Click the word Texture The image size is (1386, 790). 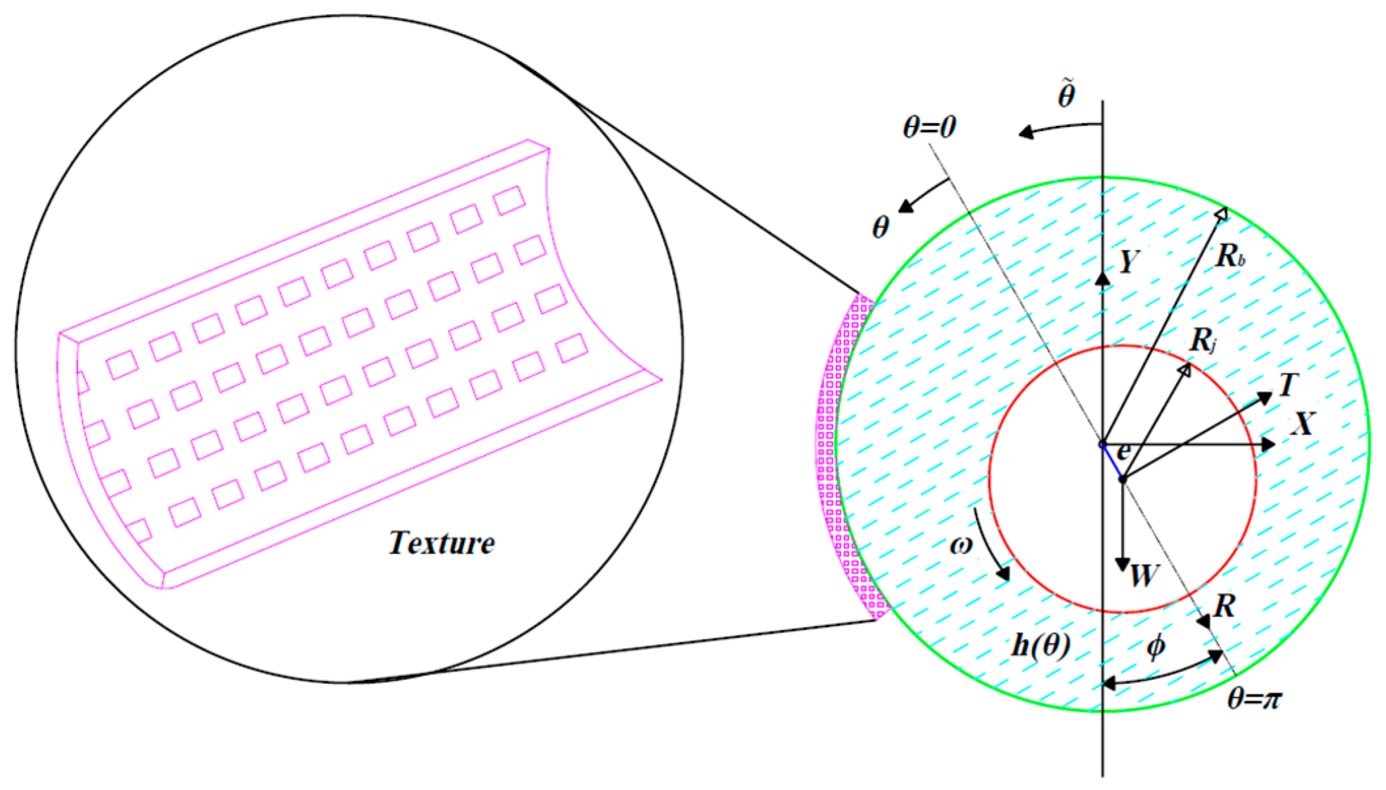(x=442, y=543)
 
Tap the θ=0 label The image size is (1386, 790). (x=929, y=127)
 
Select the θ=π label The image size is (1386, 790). (x=1254, y=699)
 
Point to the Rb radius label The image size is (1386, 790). (x=1230, y=256)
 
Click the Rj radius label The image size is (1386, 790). (x=1203, y=340)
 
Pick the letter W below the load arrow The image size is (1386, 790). (x=1145, y=576)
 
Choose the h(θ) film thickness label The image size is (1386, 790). (x=1041, y=646)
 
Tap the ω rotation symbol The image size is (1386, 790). (x=961, y=545)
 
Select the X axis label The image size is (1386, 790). (x=1302, y=424)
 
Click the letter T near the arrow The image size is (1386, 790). (x=1287, y=385)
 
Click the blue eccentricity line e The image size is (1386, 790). (x=1112, y=461)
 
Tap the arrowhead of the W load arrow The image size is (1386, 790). (x=1123, y=564)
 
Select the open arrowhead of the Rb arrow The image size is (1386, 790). (x=1220, y=215)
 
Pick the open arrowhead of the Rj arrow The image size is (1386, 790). (x=1184, y=370)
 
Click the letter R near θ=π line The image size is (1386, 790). (x=1224, y=607)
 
